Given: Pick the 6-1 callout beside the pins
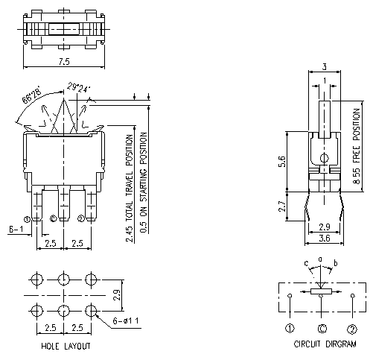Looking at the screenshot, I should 16,230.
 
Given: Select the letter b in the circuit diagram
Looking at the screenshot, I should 335,264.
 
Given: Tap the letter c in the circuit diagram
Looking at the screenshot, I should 305,263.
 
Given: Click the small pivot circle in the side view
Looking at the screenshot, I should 323,157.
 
